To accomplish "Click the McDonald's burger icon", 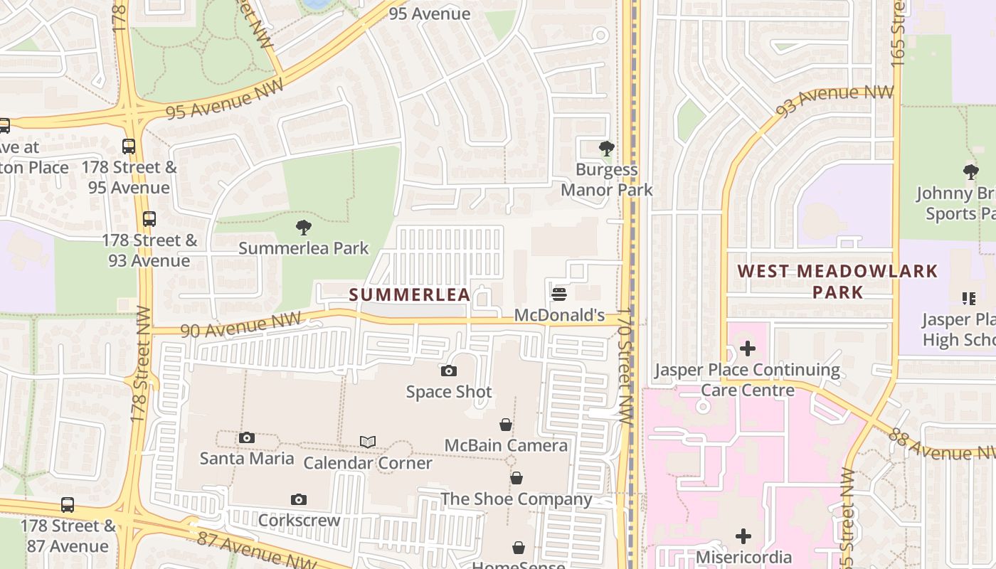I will point(559,294).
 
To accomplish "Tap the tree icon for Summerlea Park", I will point(304,228).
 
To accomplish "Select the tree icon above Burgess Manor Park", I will point(607,149).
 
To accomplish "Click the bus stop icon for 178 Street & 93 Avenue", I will point(149,219).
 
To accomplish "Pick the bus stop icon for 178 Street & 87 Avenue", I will point(68,505).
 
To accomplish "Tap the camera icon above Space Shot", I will point(449,371).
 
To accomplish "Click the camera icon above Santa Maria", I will point(247,437).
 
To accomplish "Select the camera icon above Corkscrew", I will point(299,499).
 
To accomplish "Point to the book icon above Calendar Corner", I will point(367,442).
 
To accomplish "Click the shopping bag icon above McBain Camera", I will point(506,425).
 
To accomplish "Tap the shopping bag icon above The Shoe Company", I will point(516,478).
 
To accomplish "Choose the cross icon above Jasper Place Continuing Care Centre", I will point(747,349).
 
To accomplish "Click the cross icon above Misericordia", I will point(743,536).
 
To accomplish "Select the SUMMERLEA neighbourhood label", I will point(410,294).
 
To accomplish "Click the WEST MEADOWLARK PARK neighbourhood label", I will point(837,281).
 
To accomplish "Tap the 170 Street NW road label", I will point(625,366).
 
